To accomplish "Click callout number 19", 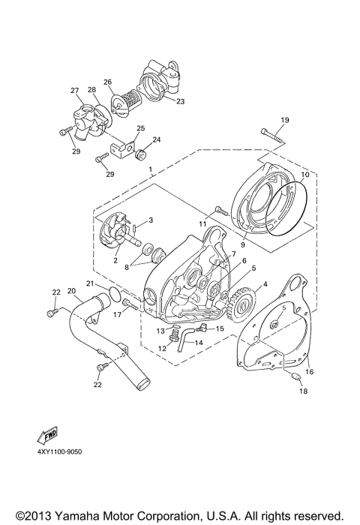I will (284, 121).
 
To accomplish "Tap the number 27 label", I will (75, 91).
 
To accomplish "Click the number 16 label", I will (309, 371).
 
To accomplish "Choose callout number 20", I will (71, 291).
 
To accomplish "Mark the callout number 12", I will (140, 348).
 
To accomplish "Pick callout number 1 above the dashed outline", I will (150, 170).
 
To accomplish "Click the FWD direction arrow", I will (47, 437).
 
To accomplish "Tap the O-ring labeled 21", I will (110, 295).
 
